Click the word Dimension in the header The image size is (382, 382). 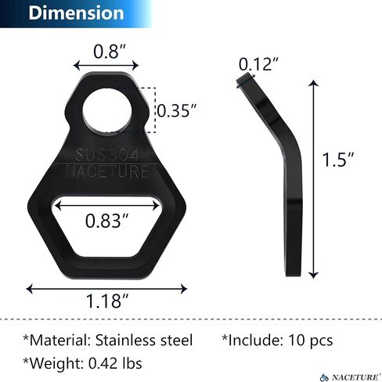pyautogui.click(x=76, y=13)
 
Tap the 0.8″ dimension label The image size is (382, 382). pyautogui.click(x=110, y=51)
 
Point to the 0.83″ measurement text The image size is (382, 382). pyautogui.click(x=106, y=221)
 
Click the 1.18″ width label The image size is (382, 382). pyautogui.click(x=107, y=301)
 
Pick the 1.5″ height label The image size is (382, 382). pyautogui.click(x=338, y=159)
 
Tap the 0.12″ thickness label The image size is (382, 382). pyautogui.click(x=258, y=64)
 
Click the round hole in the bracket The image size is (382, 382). pyautogui.click(x=107, y=110)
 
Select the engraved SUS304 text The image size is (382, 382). pyautogui.click(x=107, y=155)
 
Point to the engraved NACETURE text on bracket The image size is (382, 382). pyautogui.click(x=107, y=171)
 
